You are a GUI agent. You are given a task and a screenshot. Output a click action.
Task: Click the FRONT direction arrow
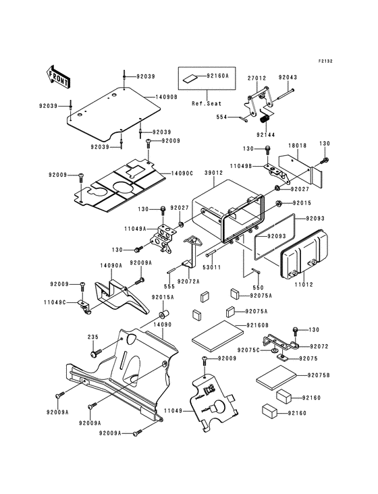pyautogui.click(x=57, y=76)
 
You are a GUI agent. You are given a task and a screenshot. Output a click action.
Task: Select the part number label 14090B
pyautogui.click(x=165, y=97)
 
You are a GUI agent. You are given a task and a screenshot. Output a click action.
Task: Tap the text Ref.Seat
pyautogui.click(x=207, y=103)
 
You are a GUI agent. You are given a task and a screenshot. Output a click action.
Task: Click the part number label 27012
pyautogui.click(x=256, y=78)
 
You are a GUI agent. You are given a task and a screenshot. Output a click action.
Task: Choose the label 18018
pyautogui.click(x=298, y=146)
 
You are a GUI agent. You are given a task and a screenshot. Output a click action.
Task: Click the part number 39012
pyautogui.click(x=213, y=173)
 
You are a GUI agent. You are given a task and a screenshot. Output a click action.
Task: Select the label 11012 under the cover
pyautogui.click(x=304, y=285)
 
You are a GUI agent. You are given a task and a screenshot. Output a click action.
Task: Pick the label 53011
pyautogui.click(x=212, y=267)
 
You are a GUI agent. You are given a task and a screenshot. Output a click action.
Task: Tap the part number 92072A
pyautogui.click(x=188, y=281)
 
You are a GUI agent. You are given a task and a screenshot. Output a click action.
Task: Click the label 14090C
pyautogui.click(x=182, y=173)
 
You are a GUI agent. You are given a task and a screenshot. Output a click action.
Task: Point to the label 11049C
pyautogui.click(x=55, y=302)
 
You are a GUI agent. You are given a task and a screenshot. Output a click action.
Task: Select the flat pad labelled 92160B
pyautogui.click(x=217, y=336)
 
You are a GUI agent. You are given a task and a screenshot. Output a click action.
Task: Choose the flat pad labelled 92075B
pyautogui.click(x=277, y=378)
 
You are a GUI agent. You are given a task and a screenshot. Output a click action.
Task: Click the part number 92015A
pyautogui.click(x=163, y=297)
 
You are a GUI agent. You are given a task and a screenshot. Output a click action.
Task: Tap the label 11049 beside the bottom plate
pyautogui.click(x=173, y=410)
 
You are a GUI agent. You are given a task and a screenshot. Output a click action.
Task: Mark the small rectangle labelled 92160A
pyautogui.click(x=190, y=78)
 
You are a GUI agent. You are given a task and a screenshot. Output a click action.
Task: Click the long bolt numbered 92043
pyautogui.click(x=284, y=94)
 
